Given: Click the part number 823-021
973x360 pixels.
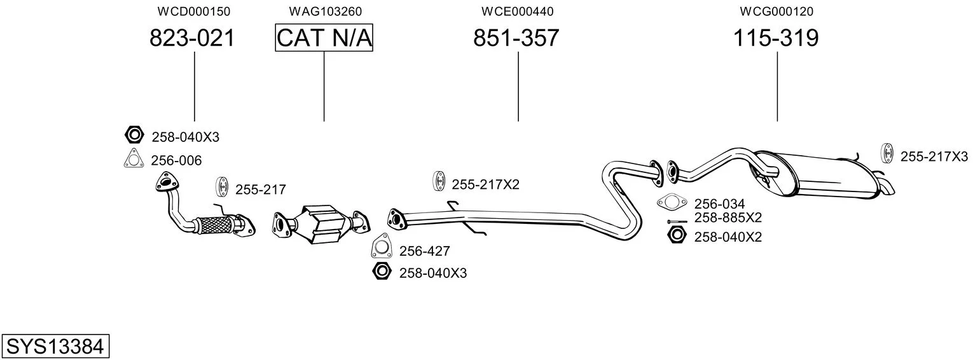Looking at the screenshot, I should (x=192, y=39).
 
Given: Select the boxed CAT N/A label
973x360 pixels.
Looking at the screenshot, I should (x=324, y=39).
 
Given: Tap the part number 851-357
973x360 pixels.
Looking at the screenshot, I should (x=516, y=39).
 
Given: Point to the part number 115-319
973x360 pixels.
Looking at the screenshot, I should (x=776, y=39).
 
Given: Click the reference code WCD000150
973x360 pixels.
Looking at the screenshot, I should (x=193, y=11).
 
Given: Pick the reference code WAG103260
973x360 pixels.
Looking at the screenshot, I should (x=325, y=11).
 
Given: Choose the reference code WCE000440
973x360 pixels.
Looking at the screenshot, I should (x=517, y=11).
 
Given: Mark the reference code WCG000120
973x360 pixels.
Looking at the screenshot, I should (x=776, y=11).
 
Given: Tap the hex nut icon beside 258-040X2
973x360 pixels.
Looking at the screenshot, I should (x=676, y=236).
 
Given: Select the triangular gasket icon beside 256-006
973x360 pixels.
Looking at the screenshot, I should (x=132, y=159).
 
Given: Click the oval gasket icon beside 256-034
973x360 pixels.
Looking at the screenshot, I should (x=672, y=204).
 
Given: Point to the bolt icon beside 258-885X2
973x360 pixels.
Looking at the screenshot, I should (x=675, y=221).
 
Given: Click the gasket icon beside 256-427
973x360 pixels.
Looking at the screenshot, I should (x=382, y=247).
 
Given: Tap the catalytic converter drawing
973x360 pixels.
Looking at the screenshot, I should (x=321, y=223).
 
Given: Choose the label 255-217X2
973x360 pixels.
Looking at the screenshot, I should (x=485, y=184).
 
